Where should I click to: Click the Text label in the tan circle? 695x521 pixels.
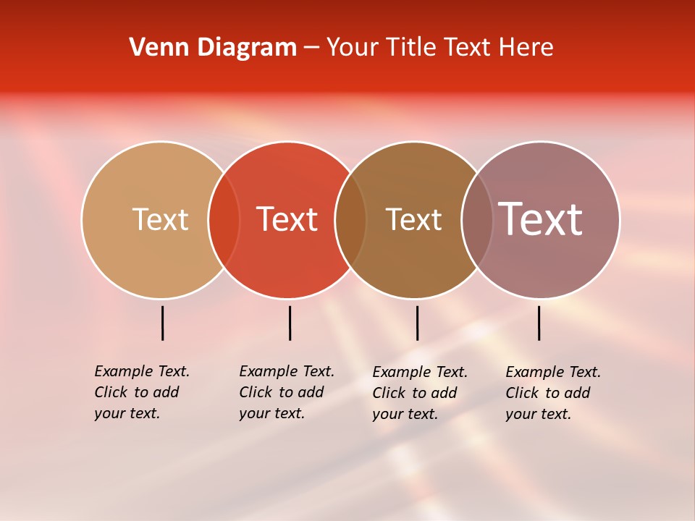[160, 219]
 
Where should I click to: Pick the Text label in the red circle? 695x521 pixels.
[287, 219]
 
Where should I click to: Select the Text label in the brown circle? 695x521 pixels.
[413, 219]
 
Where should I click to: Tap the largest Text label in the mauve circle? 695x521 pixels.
[541, 219]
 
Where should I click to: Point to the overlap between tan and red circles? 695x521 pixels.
[224, 220]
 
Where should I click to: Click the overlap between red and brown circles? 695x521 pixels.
[350, 220]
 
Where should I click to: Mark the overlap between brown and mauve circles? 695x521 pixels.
[477, 220]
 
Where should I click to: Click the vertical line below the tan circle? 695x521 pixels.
[163, 323]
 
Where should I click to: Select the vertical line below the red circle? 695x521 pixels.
[290, 323]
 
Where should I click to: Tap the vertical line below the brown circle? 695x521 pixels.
[417, 323]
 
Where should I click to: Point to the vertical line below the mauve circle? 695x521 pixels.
[539, 323]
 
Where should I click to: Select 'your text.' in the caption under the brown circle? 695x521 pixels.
[405, 415]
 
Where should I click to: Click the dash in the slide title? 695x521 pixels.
[311, 48]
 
